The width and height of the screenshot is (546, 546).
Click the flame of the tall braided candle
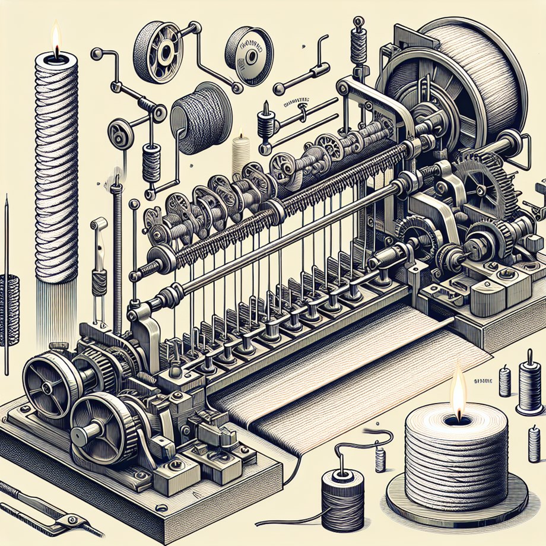(56, 37)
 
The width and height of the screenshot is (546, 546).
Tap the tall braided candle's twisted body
(56, 166)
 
